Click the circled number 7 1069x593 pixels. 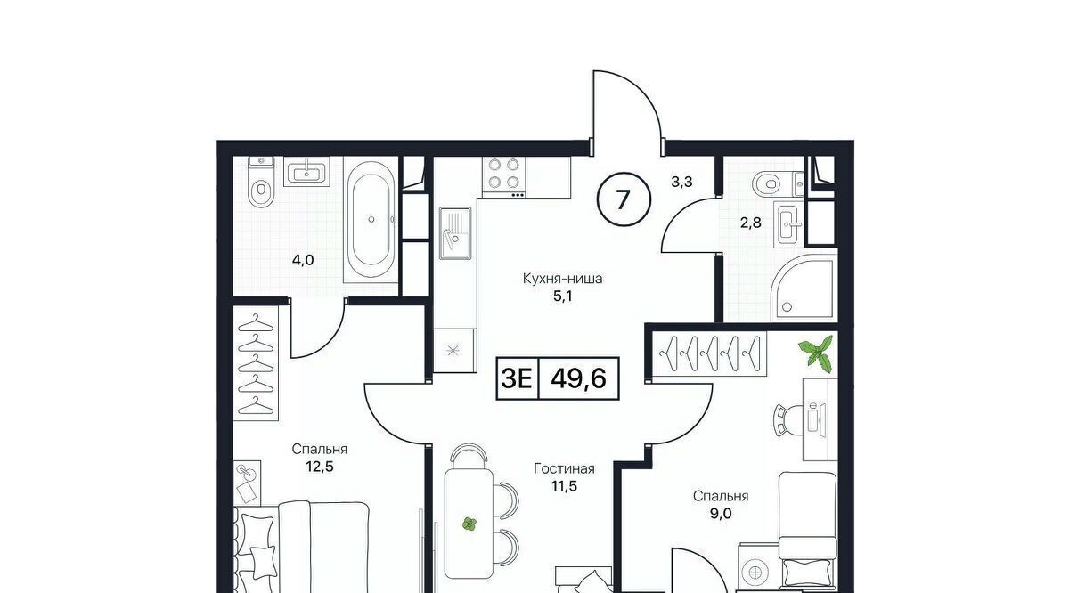[x=624, y=199]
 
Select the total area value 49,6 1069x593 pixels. [x=578, y=378]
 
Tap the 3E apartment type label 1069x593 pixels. [x=517, y=378]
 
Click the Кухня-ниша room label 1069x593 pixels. [x=563, y=278]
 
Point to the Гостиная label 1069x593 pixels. [x=564, y=468]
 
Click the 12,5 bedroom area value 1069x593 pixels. [x=319, y=466]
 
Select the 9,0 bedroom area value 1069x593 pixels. [x=720, y=514]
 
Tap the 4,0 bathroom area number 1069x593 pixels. [x=303, y=260]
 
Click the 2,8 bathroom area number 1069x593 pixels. [x=750, y=223]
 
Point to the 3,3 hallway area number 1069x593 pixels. [x=681, y=182]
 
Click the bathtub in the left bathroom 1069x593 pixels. [x=371, y=221]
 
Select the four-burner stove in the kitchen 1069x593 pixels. [x=504, y=177]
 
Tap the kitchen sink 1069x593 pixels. [x=455, y=232]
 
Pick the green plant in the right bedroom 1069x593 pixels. [x=817, y=353]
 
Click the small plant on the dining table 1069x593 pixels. [x=469, y=524]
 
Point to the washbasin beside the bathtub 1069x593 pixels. [x=306, y=172]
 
